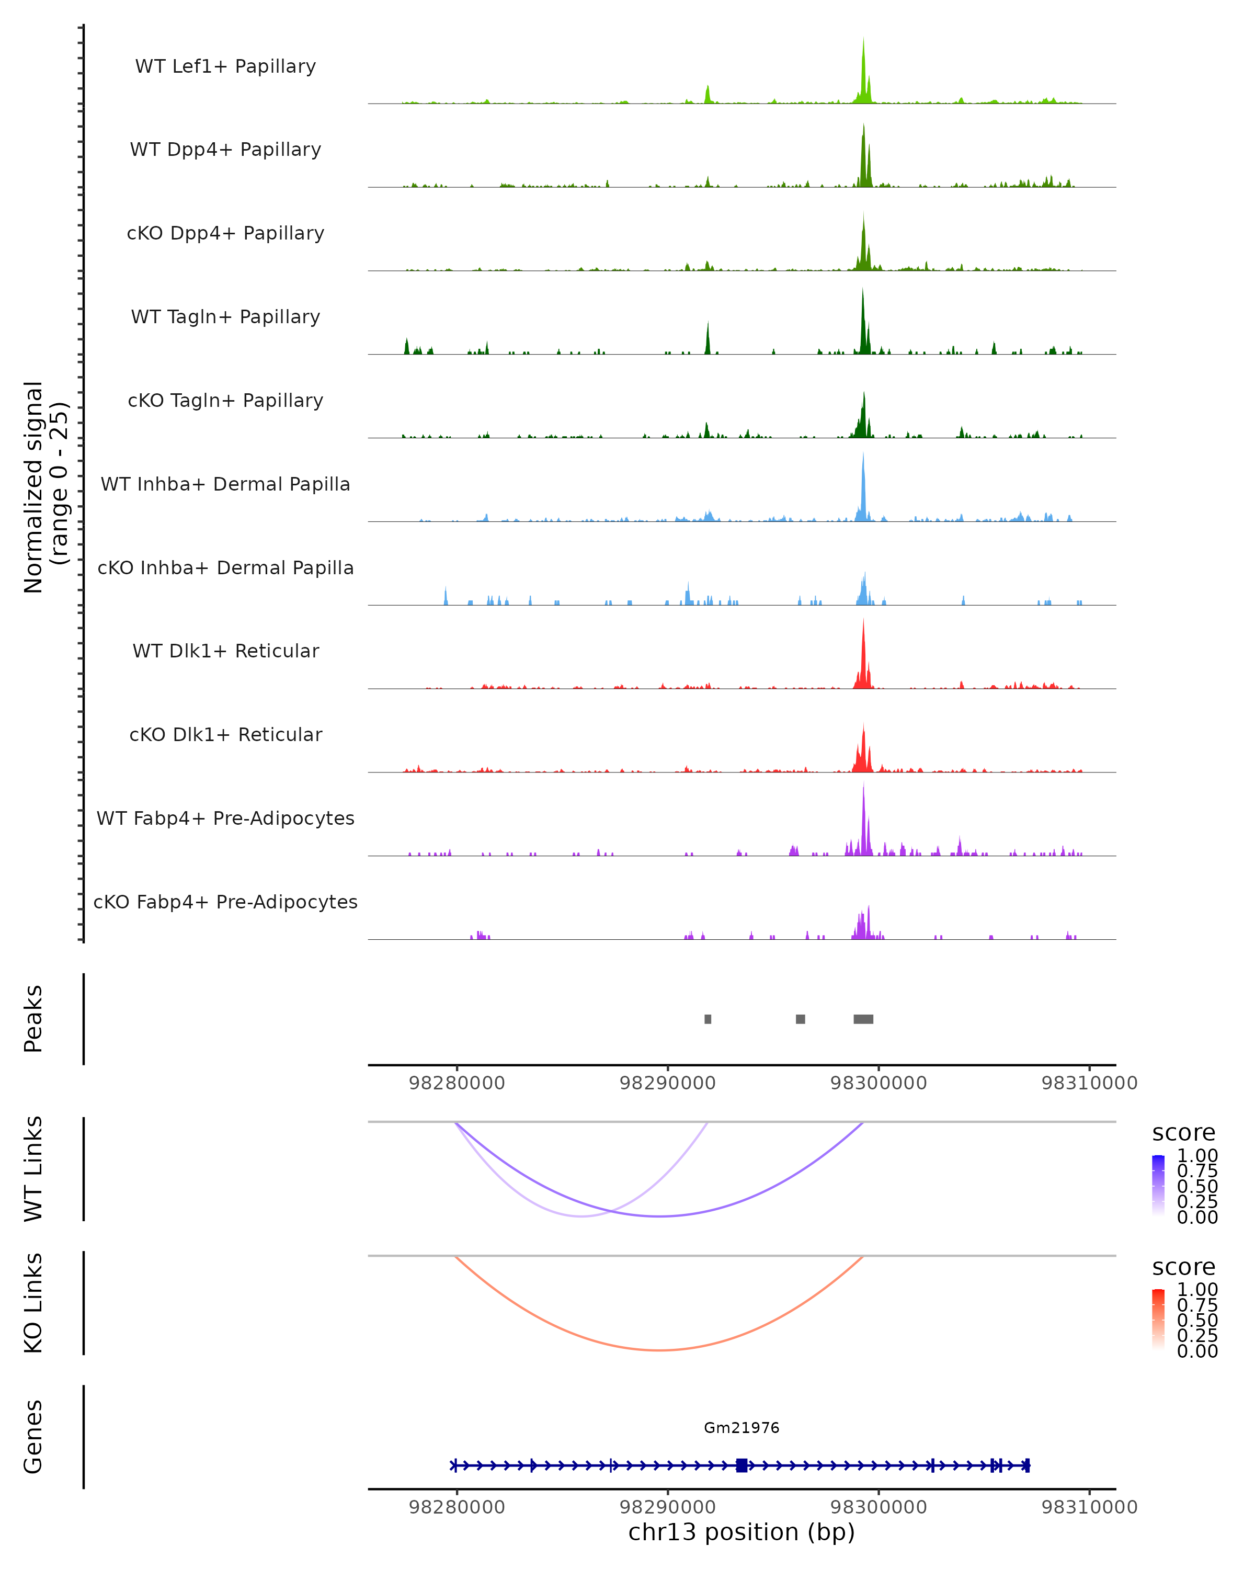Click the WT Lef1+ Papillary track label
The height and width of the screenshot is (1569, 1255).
click(225, 66)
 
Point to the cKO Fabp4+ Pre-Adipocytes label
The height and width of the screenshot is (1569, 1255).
click(225, 902)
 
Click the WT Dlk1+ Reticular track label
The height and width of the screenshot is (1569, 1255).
click(225, 651)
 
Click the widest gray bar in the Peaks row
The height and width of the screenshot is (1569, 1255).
click(863, 1019)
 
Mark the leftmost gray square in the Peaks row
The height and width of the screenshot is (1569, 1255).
click(708, 1019)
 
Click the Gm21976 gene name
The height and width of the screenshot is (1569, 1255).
click(741, 1428)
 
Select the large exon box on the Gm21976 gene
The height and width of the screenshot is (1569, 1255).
click(741, 1465)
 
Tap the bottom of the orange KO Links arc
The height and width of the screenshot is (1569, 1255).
click(659, 1350)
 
